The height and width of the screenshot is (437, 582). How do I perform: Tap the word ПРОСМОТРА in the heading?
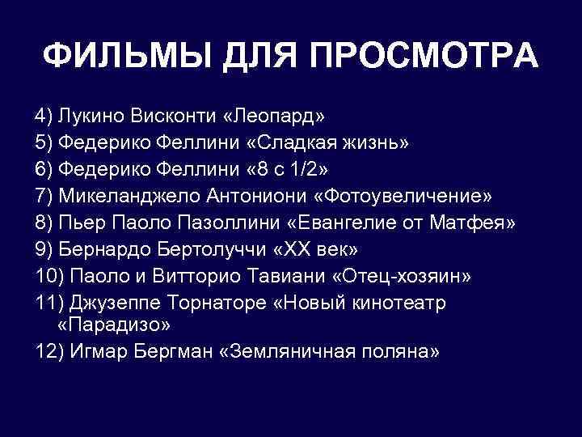coord(422,57)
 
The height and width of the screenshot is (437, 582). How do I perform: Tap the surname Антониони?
coord(261,197)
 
